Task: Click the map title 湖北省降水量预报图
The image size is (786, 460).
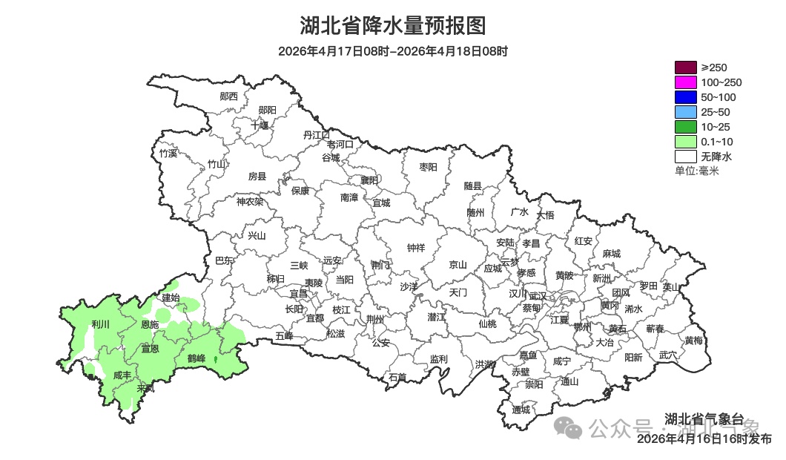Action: point(393,26)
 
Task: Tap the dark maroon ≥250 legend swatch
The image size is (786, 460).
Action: point(685,68)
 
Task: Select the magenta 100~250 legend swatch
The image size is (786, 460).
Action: point(685,82)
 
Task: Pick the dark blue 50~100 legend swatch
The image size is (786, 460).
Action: point(685,97)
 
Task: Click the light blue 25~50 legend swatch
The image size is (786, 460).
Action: point(685,112)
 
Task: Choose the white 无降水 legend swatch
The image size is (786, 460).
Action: point(685,157)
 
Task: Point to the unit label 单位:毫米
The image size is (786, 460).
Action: point(696,171)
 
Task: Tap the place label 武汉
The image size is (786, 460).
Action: point(537,296)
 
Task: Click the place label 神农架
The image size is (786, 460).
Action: point(250,201)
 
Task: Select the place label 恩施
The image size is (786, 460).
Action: point(150,325)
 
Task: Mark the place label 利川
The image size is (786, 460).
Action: point(100,325)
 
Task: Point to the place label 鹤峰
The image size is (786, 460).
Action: point(196,359)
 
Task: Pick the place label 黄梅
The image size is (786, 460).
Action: point(694,341)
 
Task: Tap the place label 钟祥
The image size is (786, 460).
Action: point(416,249)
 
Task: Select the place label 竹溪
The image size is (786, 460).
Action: point(168,154)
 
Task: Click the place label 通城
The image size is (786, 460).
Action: point(521,410)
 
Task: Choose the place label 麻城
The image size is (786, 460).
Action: point(611,254)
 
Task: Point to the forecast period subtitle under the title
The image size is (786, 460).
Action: point(393,51)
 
